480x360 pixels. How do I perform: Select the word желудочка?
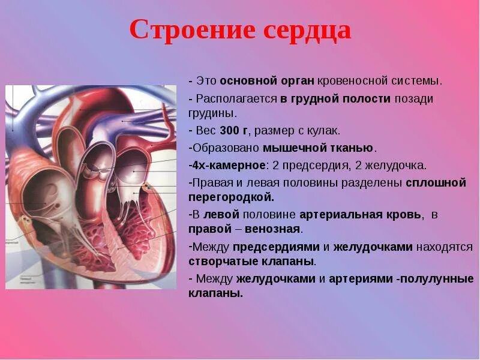[x=398, y=164]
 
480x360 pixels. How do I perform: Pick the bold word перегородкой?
[x=231, y=196]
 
